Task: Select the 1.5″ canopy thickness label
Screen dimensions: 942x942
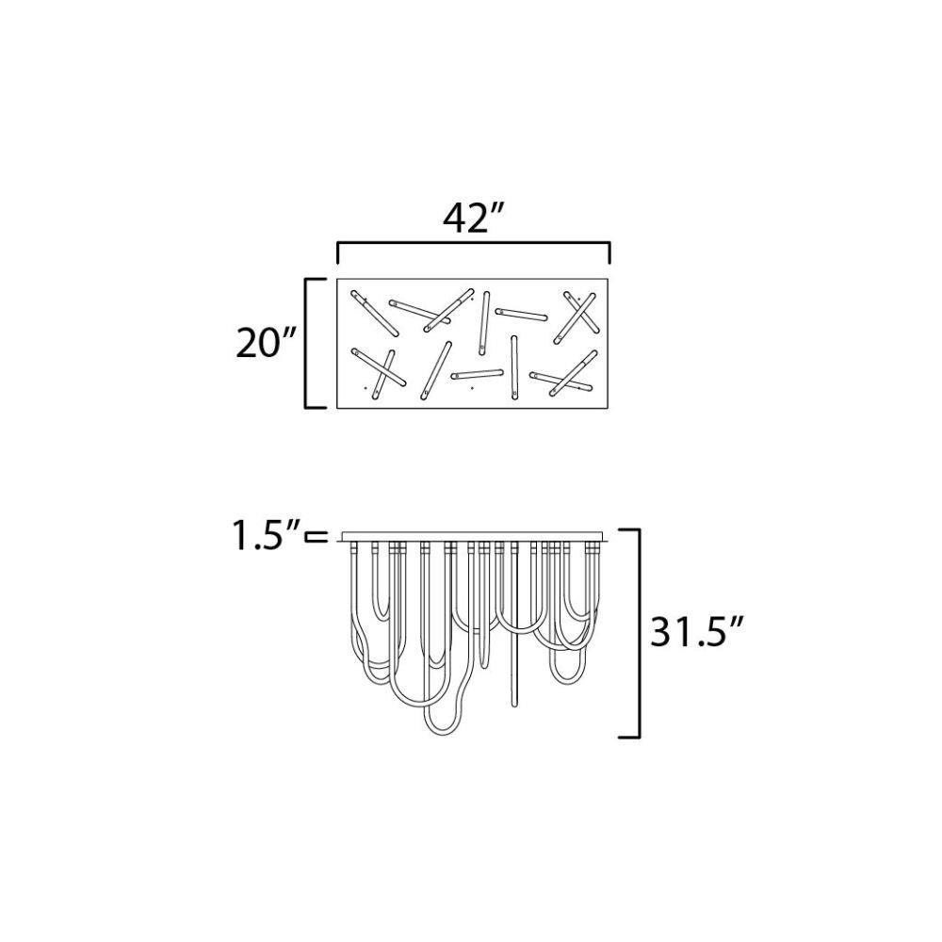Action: point(266,535)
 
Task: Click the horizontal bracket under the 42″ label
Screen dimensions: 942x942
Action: point(474,244)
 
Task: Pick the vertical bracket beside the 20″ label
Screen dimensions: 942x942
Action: point(315,343)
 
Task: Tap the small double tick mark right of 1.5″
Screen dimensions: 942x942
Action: point(317,537)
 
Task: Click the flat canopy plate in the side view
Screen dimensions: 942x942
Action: point(474,536)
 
